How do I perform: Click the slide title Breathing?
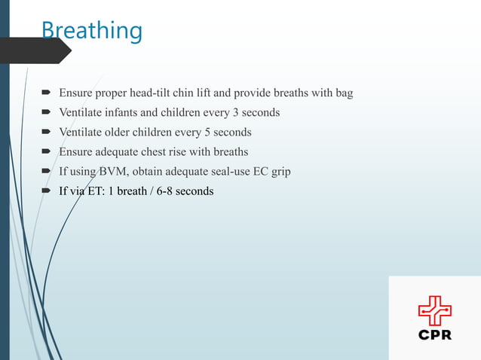(x=91, y=30)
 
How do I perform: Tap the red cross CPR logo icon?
(x=435, y=310)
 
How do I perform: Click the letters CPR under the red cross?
(x=435, y=334)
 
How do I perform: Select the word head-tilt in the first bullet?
(x=152, y=93)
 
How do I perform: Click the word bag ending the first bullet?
(x=344, y=93)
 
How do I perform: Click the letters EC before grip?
(x=260, y=172)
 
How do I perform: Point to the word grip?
(x=280, y=172)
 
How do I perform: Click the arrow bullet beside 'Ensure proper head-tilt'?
(x=46, y=93)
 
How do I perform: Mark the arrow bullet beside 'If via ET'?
(x=46, y=191)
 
